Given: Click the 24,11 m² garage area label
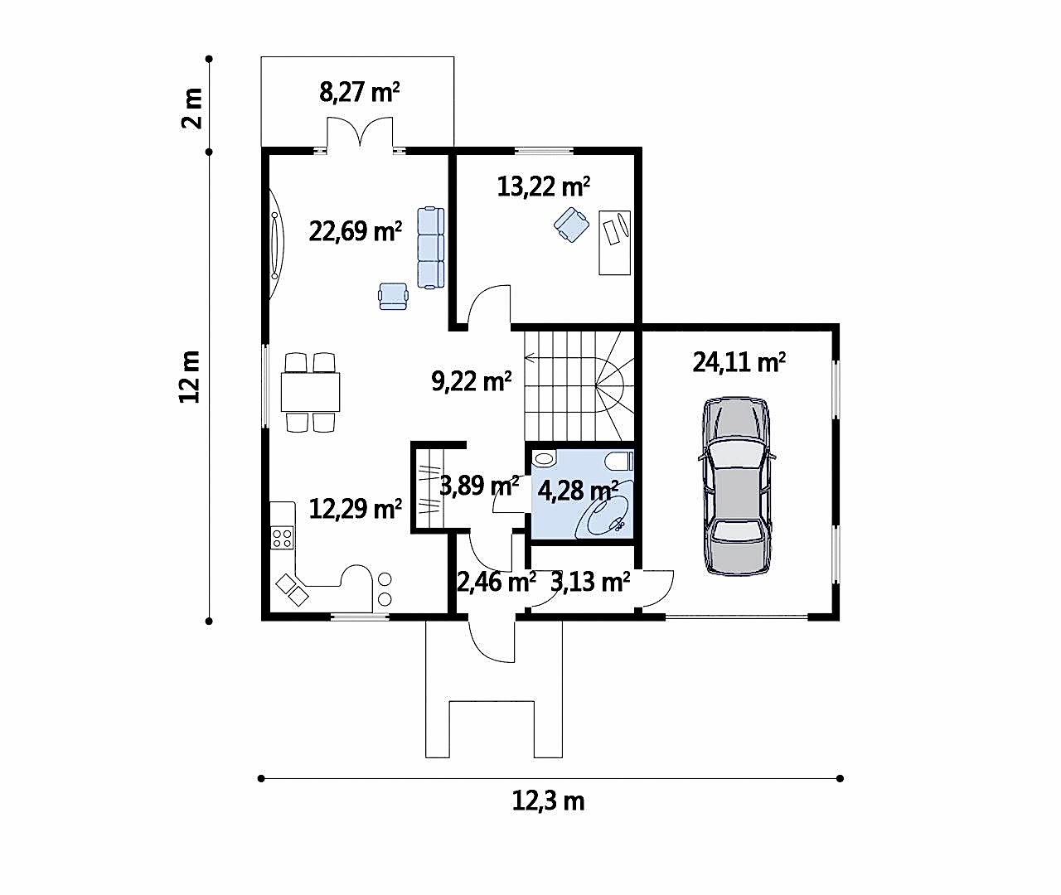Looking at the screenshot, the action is tap(739, 363).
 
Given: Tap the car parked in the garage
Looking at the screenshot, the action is tap(737, 486).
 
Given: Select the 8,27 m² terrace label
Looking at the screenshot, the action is tap(359, 93).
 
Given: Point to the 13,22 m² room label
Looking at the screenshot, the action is tap(543, 186).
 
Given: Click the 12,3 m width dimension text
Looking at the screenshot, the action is tap(548, 801).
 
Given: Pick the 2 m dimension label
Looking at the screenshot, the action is tap(192, 109).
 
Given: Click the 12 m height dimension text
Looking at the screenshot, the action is tap(190, 377).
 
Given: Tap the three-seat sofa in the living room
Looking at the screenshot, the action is tap(431, 248).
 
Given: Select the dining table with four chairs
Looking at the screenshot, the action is tap(310, 392).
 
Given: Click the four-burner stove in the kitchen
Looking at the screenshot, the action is tap(283, 538).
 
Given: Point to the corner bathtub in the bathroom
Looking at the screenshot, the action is tap(604, 515).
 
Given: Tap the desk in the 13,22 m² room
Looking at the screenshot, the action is tap(614, 243).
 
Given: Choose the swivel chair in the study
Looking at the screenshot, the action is tap(572, 225).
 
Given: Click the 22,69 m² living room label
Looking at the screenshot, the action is tap(356, 232).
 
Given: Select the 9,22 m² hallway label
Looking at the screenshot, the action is tap(471, 381).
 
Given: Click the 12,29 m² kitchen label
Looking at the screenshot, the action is tap(356, 509).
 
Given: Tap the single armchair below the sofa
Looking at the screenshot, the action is tap(393, 296).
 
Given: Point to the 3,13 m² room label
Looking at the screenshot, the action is tap(590, 582).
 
